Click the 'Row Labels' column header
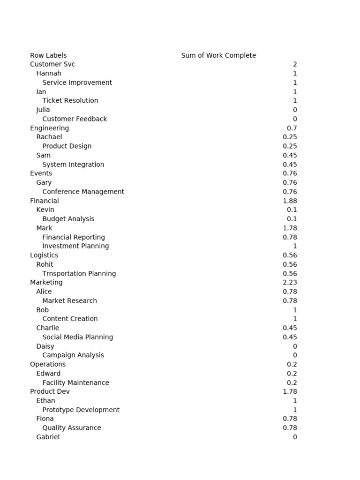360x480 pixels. pyautogui.click(x=48, y=55)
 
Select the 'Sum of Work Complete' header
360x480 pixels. pyautogui.click(x=218, y=55)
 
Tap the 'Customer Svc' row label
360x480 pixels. pyautogui.click(x=52, y=64)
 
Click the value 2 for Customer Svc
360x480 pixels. pyautogui.click(x=295, y=64)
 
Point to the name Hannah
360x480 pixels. pyautogui.click(x=49, y=74)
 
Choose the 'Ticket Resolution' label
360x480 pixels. pyautogui.click(x=70, y=101)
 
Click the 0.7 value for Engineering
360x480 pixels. pyautogui.click(x=292, y=128)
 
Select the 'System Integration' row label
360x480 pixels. pyautogui.click(x=73, y=165)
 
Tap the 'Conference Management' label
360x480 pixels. pyautogui.click(x=83, y=192)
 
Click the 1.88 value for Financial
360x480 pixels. pyautogui.click(x=290, y=201)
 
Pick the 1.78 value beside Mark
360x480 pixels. pyautogui.click(x=290, y=228)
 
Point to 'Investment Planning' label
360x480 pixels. pyautogui.click(x=75, y=246)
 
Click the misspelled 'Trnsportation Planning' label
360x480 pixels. pyautogui.click(x=79, y=274)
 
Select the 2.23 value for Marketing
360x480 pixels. pyautogui.click(x=290, y=283)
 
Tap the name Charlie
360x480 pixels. pyautogui.click(x=48, y=328)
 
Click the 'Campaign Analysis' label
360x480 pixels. pyautogui.click(x=73, y=355)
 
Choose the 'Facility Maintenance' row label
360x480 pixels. pyautogui.click(x=75, y=383)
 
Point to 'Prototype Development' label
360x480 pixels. pyautogui.click(x=81, y=410)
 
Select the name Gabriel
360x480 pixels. pyautogui.click(x=48, y=437)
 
